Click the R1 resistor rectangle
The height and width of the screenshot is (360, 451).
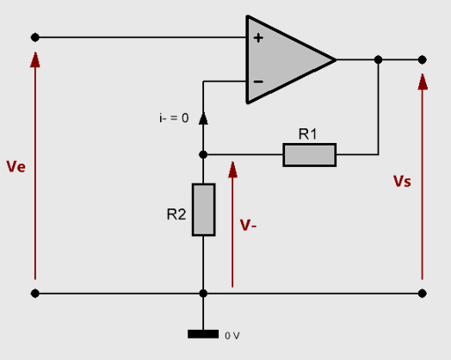[310, 155]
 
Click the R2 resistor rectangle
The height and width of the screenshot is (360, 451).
[204, 210]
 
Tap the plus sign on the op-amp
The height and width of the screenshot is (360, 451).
[258, 38]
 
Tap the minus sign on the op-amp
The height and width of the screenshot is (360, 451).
[258, 82]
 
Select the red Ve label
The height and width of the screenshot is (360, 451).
[16, 166]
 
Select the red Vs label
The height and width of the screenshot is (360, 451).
[402, 182]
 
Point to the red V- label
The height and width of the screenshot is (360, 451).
[248, 225]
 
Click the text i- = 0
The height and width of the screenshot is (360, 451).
[174, 118]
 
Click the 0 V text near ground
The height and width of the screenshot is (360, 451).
[232, 336]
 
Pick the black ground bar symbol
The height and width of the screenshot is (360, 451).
[203, 334]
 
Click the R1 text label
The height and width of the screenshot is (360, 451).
[308, 134]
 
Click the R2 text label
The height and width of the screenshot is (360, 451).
[176, 214]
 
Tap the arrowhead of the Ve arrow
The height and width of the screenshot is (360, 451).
[35, 59]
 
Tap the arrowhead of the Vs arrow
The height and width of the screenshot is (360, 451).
[423, 82]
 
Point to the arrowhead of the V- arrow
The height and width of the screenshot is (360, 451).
[232, 170]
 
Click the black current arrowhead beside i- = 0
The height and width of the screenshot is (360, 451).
[203, 118]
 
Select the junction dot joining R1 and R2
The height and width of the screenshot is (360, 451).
[203, 155]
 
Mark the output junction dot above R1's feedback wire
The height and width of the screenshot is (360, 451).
[378, 59]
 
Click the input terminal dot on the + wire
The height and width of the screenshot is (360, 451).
[35, 37]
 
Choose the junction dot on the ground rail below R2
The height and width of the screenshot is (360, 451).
[203, 294]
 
